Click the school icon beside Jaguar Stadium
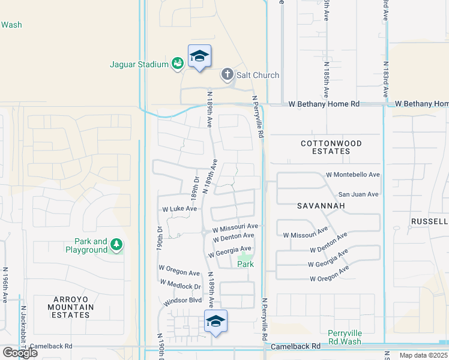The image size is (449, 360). point(199,57)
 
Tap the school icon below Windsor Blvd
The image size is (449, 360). point(215,322)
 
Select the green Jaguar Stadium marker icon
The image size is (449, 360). point(177,64)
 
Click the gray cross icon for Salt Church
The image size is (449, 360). point(227,75)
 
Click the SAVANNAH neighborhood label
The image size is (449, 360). point(321,206)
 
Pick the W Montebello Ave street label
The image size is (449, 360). point(353,175)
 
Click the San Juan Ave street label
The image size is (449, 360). point(358,194)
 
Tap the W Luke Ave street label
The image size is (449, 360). point(179,209)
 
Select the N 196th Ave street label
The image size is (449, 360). point(5,285)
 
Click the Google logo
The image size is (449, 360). point(19,352)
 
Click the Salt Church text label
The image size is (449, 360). point(258,75)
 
